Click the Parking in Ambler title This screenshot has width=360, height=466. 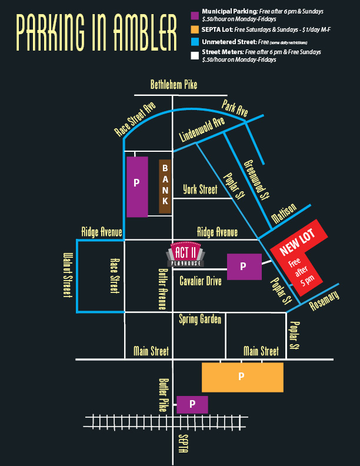(96, 35)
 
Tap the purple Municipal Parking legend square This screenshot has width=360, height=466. (195, 14)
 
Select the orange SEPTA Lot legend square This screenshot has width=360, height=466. (195, 29)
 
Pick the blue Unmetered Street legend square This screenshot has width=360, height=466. (195, 42)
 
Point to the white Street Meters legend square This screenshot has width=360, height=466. (195, 56)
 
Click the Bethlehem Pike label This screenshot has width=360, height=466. (174, 85)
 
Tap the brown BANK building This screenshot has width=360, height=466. (165, 186)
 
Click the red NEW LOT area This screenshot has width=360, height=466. (297, 253)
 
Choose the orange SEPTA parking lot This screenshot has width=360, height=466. (242, 377)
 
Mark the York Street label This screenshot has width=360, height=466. (200, 189)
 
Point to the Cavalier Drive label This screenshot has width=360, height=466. (201, 281)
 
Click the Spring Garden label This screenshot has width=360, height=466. (200, 319)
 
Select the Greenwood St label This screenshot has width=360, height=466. (256, 179)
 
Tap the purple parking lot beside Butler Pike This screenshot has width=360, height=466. (192, 404)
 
